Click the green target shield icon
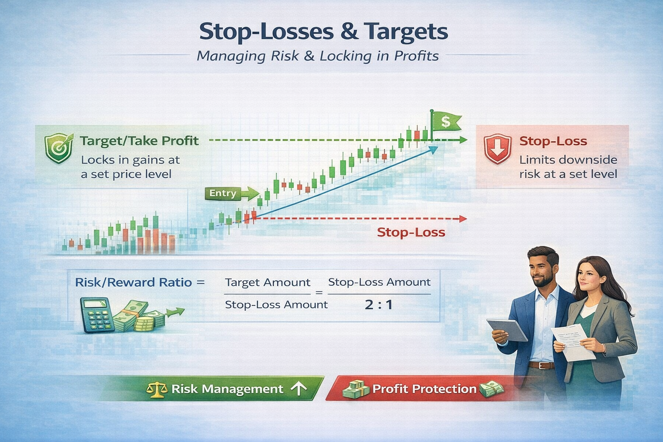(x=58, y=148)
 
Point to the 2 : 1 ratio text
(x=379, y=305)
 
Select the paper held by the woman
(x=568, y=341)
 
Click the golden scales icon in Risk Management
(x=157, y=389)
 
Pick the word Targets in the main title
(x=406, y=32)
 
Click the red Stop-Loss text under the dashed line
(x=411, y=233)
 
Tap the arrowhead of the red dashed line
(x=463, y=219)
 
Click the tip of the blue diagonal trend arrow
(x=436, y=148)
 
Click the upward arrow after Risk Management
(x=298, y=389)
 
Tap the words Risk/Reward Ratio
(x=133, y=283)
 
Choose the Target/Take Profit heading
(x=139, y=141)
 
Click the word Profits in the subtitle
(x=417, y=56)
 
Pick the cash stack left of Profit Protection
(x=355, y=389)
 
